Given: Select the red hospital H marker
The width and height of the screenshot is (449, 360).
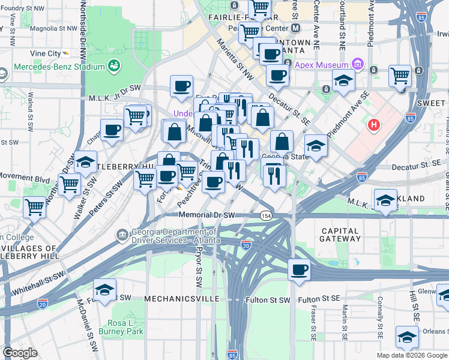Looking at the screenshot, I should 374,125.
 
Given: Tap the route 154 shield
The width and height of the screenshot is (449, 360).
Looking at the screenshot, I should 265,215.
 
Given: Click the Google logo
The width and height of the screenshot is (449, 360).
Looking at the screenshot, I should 19,353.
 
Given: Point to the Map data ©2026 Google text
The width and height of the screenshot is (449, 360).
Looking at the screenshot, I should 411,355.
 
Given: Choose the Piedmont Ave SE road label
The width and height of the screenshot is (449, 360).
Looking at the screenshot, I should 349,114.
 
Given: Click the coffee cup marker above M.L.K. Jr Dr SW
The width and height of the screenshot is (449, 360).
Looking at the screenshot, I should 181,86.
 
